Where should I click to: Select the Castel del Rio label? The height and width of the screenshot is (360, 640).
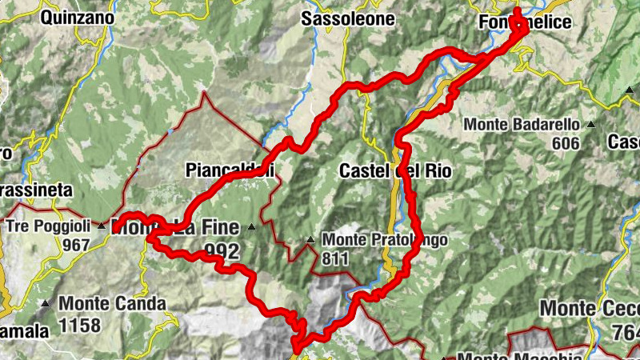coord(395,170)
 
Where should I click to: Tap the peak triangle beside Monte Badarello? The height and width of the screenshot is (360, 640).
coord(591,125)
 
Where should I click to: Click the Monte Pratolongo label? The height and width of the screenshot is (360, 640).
coord(384,239)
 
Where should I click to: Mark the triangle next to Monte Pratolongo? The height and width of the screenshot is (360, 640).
coord(310,239)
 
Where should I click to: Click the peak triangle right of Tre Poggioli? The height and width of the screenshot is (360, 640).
coord(102,226)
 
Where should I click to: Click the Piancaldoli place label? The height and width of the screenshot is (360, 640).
coord(230,170)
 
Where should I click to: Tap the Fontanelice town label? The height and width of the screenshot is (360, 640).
coord(525,22)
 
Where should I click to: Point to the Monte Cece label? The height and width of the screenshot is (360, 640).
coord(590,308)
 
